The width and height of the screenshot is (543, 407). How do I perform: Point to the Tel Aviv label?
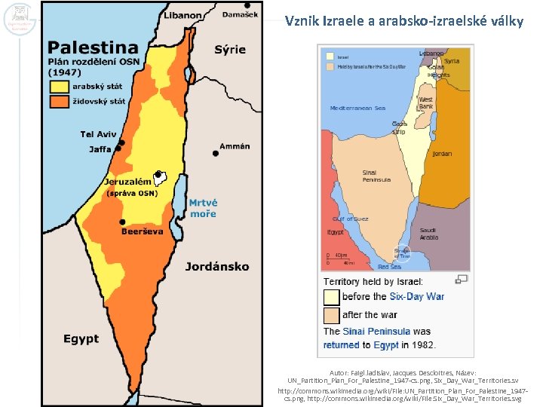tap(98, 134)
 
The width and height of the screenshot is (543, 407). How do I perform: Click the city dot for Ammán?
tap(216, 153)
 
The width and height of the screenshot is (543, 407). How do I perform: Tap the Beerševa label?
tap(142, 231)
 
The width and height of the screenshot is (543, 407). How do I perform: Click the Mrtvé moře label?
tap(203, 208)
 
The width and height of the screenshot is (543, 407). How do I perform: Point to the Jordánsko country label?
tap(217, 266)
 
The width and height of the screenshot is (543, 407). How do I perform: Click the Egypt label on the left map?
tap(81, 339)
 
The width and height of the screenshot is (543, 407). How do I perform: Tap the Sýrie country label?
tap(230, 49)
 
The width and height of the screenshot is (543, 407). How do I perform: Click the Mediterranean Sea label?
tap(357, 108)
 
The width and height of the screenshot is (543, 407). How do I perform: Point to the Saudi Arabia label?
tap(428, 233)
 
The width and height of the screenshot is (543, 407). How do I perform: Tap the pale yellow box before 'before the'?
tap(331, 297)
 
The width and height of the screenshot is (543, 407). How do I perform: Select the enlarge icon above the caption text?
tap(462, 279)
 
